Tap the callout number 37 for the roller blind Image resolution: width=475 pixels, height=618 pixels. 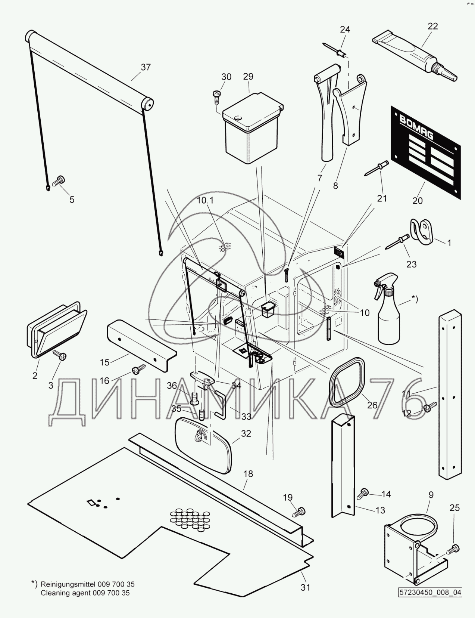click(x=146, y=67)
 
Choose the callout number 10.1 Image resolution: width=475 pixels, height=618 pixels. click(x=205, y=200)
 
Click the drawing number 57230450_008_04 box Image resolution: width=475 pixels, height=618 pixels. click(x=430, y=592)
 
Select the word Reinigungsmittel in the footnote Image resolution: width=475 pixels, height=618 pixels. click(x=68, y=584)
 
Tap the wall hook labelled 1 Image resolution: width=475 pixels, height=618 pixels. click(x=421, y=232)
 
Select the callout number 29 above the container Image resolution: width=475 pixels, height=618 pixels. click(x=248, y=77)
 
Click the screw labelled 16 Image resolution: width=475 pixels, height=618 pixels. click(x=139, y=369)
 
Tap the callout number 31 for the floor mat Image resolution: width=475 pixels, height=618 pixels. click(x=305, y=588)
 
